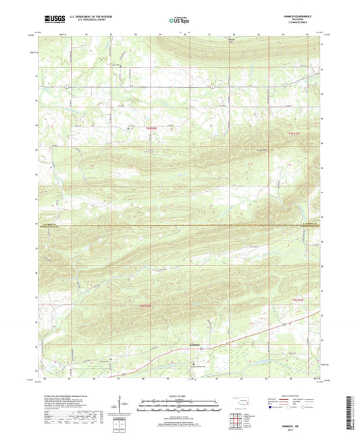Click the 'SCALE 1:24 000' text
(179, 396)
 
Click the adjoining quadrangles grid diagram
(238, 420)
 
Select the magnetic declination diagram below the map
(120, 405)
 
